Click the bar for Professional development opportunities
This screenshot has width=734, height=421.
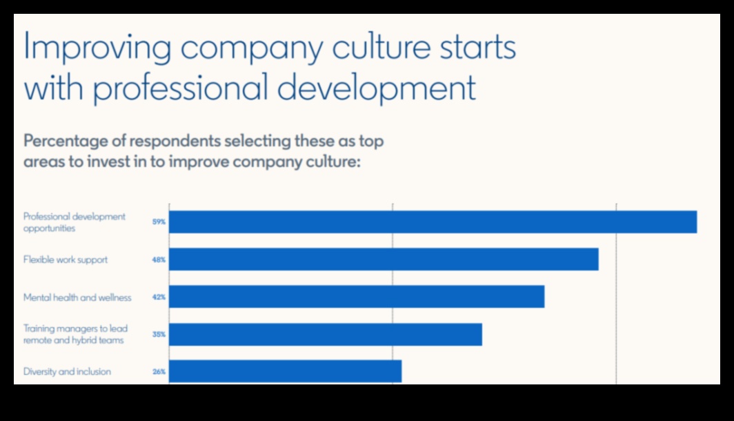click(x=433, y=222)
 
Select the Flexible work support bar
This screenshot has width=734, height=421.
click(x=384, y=260)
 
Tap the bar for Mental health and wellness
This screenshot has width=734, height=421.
click(x=357, y=297)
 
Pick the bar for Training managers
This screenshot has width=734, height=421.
click(x=326, y=334)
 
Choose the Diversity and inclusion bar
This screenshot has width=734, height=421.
click(x=285, y=371)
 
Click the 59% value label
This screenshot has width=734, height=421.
click(x=159, y=222)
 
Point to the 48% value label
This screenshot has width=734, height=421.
click(x=159, y=260)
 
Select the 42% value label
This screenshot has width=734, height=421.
click(x=159, y=297)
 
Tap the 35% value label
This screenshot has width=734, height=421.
click(x=159, y=335)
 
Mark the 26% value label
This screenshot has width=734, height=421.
click(x=159, y=372)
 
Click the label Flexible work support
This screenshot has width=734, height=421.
click(x=66, y=260)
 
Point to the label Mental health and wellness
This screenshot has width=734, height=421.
click(x=77, y=297)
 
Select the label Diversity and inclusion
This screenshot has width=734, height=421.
click(x=67, y=372)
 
